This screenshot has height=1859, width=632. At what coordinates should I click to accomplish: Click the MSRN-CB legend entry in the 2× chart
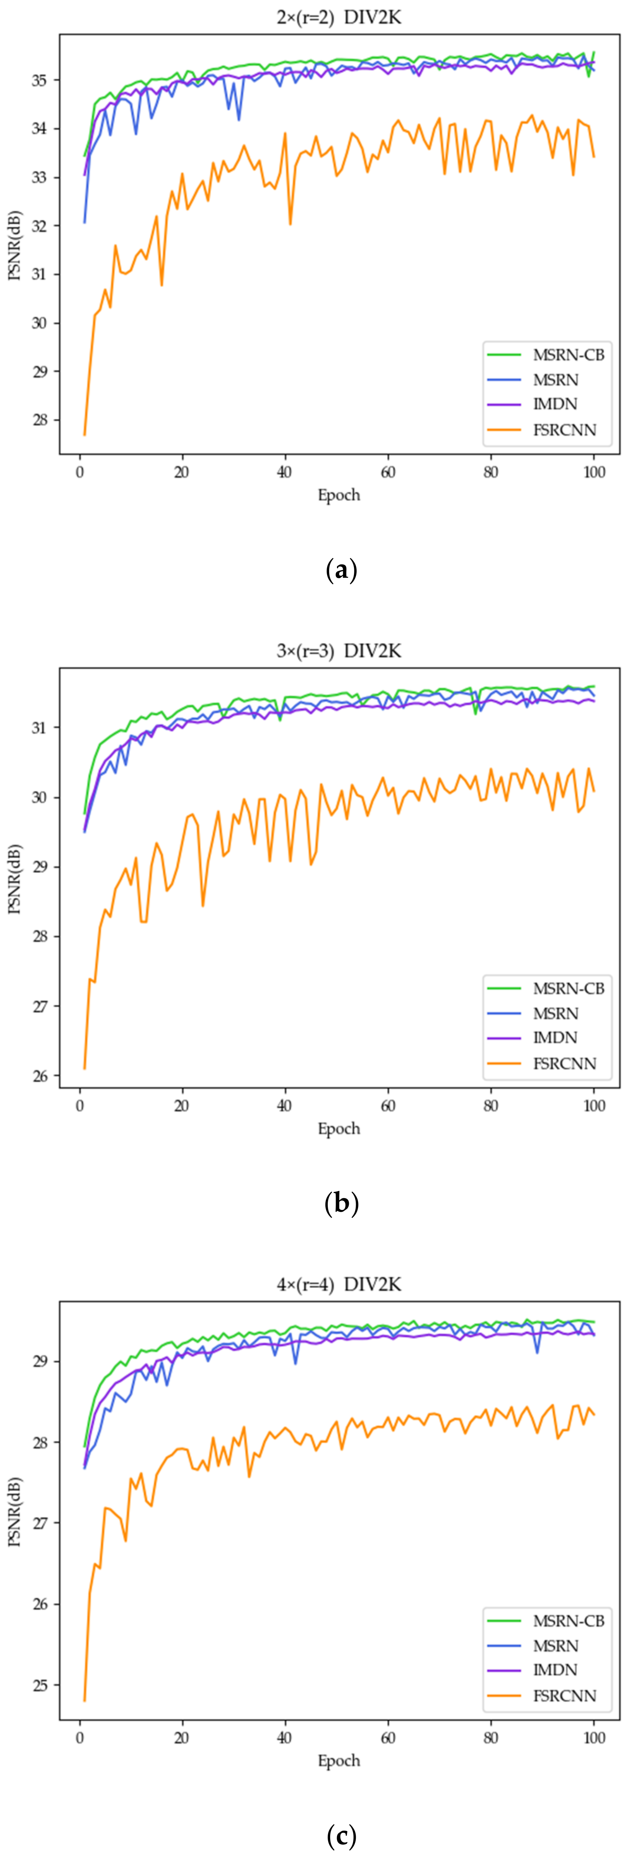click(568, 354)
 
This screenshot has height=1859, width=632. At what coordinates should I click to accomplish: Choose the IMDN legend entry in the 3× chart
click(555, 1038)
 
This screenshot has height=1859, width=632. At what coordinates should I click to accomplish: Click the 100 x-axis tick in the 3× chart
click(594, 1105)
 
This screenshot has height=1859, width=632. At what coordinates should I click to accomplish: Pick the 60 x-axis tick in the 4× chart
click(388, 1738)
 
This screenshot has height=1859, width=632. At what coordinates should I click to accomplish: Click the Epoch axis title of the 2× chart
click(338, 495)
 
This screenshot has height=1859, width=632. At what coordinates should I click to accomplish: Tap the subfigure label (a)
click(341, 570)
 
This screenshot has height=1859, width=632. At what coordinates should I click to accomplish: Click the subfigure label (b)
click(341, 1203)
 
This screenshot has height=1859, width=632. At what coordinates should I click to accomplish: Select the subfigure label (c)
click(341, 1835)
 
